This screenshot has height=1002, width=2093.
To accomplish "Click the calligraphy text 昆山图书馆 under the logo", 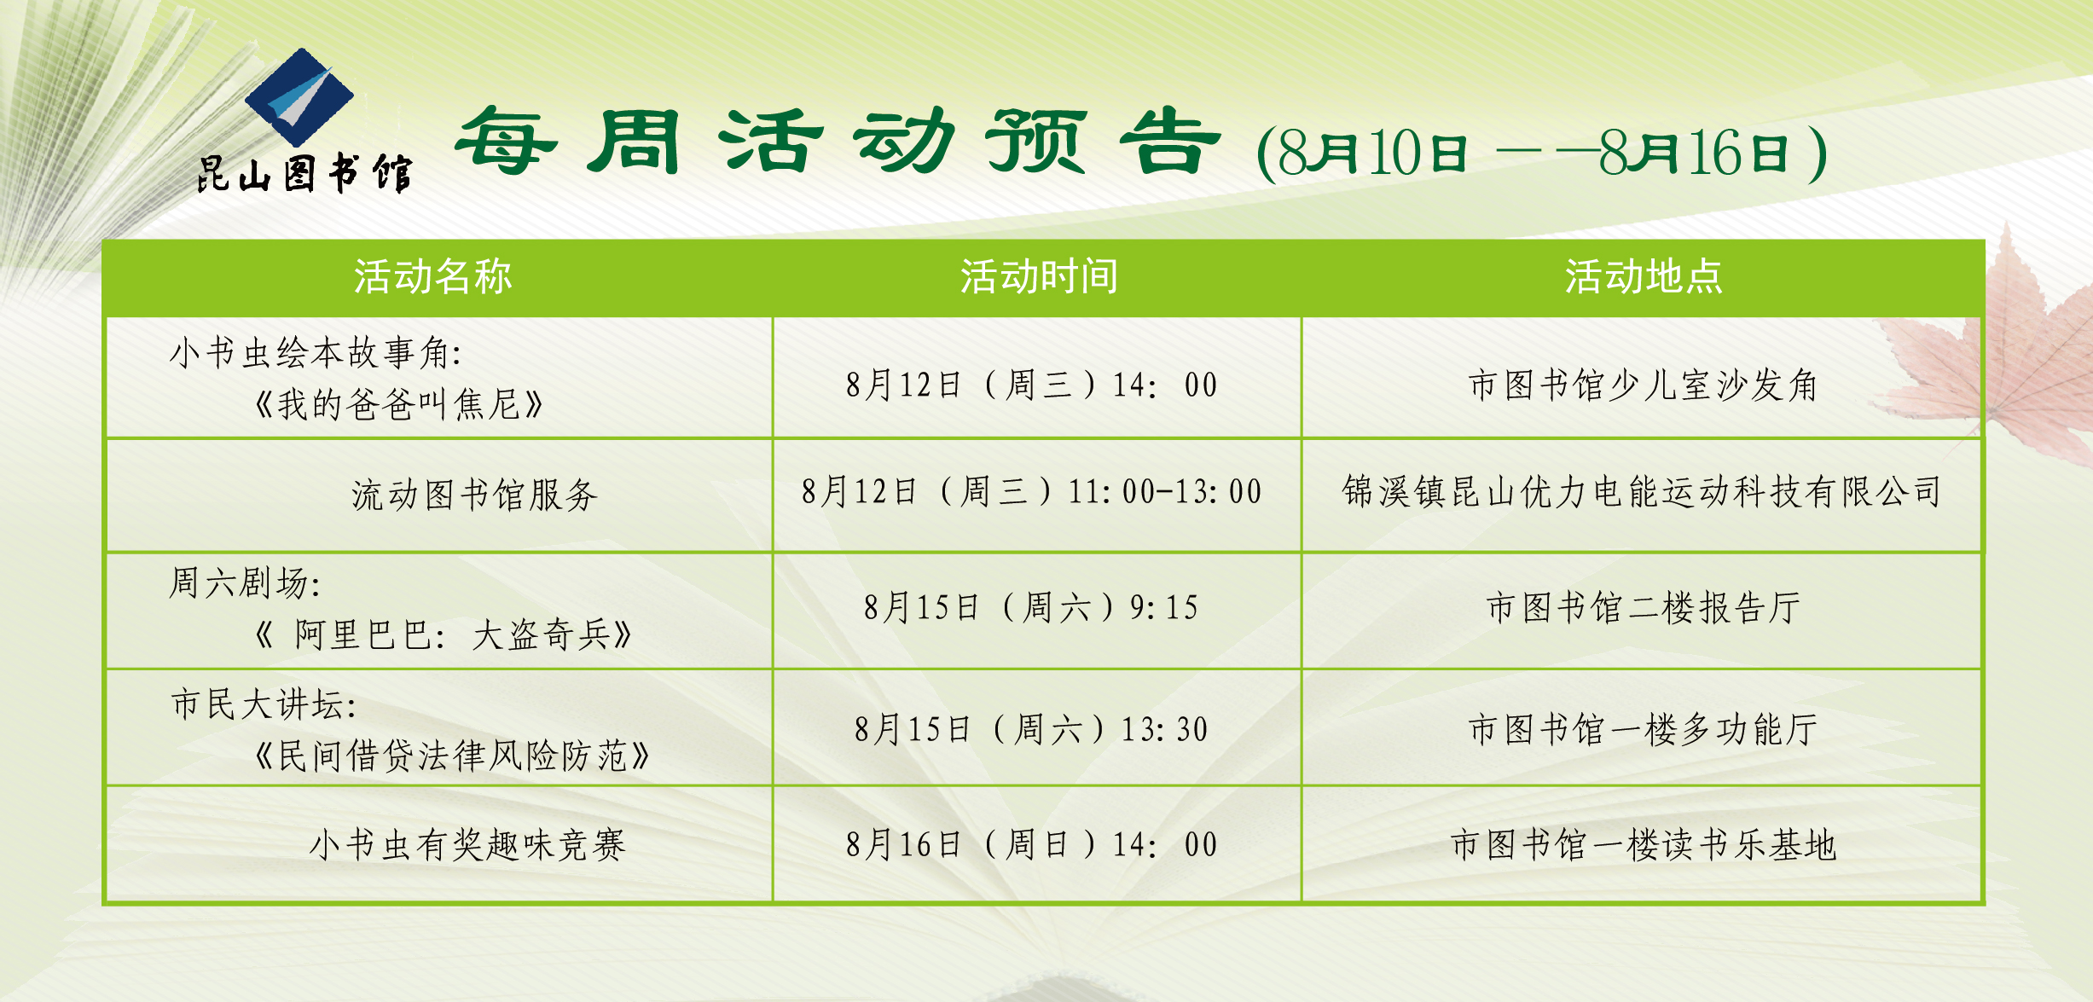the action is click(x=304, y=173).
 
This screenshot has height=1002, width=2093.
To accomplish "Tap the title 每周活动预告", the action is click(x=839, y=142).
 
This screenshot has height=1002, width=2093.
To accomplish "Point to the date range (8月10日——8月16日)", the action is click(x=1542, y=153).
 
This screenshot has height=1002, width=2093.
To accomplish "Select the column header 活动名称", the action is click(x=433, y=276).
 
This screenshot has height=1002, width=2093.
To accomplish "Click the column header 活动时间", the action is click(x=1039, y=276).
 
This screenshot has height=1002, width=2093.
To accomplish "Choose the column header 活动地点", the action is click(x=1644, y=276).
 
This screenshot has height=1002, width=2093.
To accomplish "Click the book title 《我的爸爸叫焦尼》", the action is click(x=399, y=403).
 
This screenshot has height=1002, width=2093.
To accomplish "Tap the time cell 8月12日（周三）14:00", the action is click(x=1032, y=385).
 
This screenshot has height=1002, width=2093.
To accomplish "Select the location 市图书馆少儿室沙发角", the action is click(x=1643, y=385).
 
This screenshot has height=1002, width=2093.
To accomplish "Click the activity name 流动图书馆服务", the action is click(x=475, y=495).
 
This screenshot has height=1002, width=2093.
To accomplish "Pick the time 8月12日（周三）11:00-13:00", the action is click(x=1032, y=491).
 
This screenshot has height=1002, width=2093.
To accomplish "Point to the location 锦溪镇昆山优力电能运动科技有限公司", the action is click(x=1642, y=491).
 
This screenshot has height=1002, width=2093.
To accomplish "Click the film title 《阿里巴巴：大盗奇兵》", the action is click(x=444, y=634).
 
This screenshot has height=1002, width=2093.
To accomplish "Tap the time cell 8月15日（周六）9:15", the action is click(x=1032, y=607).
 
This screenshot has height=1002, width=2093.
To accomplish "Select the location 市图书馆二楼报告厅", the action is click(x=1644, y=607).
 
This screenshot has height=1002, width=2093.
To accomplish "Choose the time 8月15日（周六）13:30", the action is click(x=1032, y=729).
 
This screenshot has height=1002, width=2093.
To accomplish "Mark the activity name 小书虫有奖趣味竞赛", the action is click(x=467, y=845).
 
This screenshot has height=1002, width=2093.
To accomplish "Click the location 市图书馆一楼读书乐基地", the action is click(x=1644, y=844).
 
